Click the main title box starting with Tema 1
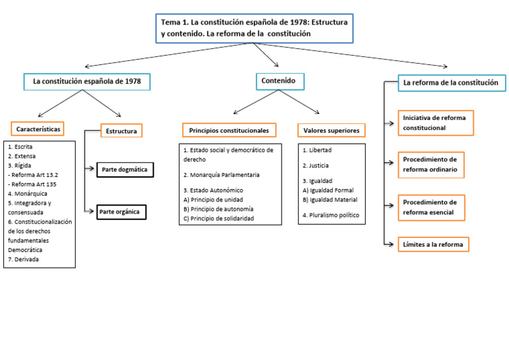click(x=254, y=28)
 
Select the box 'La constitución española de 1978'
click(x=87, y=82)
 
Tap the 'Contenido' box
click(x=280, y=82)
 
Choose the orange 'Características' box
click(x=38, y=128)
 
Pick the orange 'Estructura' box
click(x=121, y=131)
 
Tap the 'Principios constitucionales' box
click(x=229, y=131)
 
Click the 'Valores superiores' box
click(x=331, y=131)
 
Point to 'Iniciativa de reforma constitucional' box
click(x=435, y=123)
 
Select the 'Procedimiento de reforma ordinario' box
click(x=431, y=165)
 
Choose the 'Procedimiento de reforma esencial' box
click(x=430, y=208)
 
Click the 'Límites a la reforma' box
click(x=433, y=245)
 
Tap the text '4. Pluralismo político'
click(x=331, y=215)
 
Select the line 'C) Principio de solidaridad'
click(x=218, y=218)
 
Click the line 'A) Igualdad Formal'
click(x=328, y=190)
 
